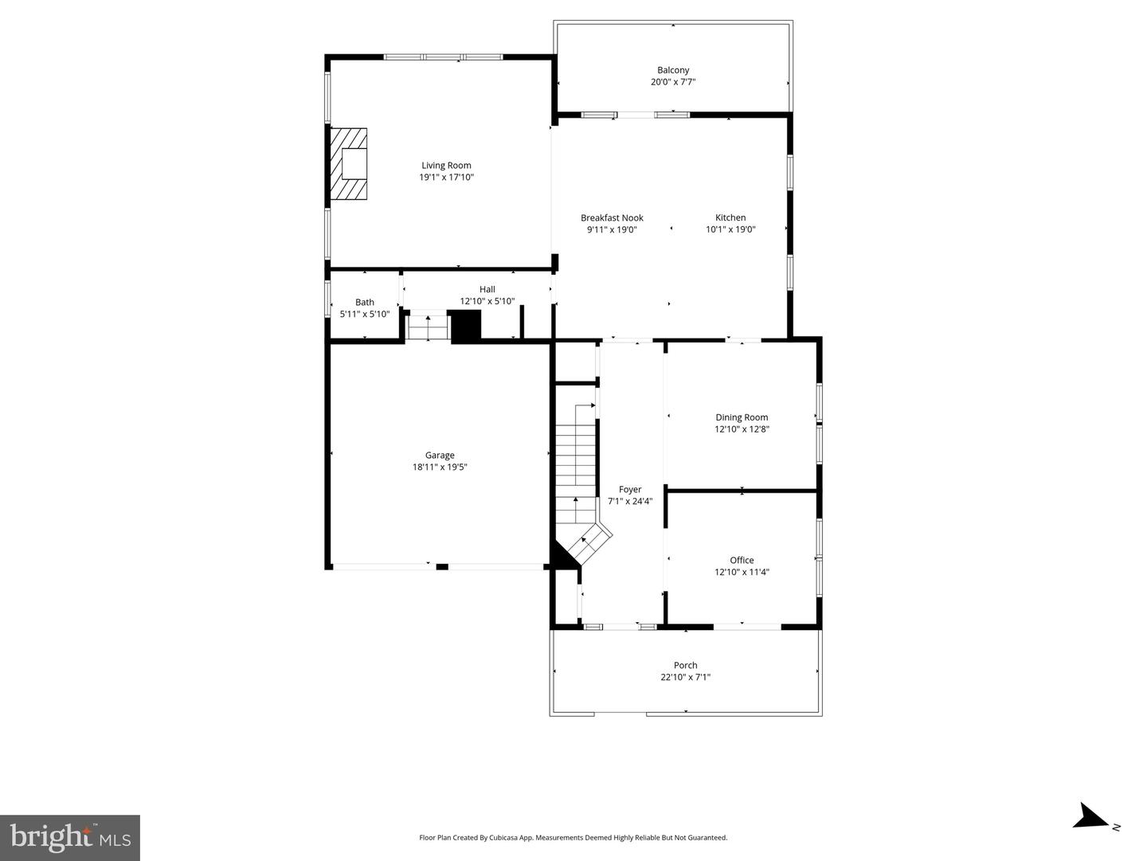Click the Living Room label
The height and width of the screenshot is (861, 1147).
pos(446,166)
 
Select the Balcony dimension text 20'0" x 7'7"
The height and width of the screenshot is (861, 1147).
pos(673,82)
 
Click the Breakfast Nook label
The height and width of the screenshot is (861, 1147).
pos(612,217)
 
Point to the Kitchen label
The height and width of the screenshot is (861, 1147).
pos(730,217)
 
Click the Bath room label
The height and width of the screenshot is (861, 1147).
pos(365,302)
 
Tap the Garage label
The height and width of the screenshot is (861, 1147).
pos(440,456)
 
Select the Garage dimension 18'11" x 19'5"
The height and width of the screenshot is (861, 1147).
pos(440,468)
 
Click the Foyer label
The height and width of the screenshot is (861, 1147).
pos(630,490)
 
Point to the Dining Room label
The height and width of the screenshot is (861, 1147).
pos(742,417)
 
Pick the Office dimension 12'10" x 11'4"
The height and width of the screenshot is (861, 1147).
pos(742,572)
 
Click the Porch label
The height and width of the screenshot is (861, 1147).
pos(685,665)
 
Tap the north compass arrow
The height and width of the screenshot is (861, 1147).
pos(1090,817)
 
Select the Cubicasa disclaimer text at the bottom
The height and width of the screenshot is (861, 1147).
pos(573,837)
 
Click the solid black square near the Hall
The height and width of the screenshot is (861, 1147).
pos(467,327)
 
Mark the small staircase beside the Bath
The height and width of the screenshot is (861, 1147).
pos(429,327)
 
